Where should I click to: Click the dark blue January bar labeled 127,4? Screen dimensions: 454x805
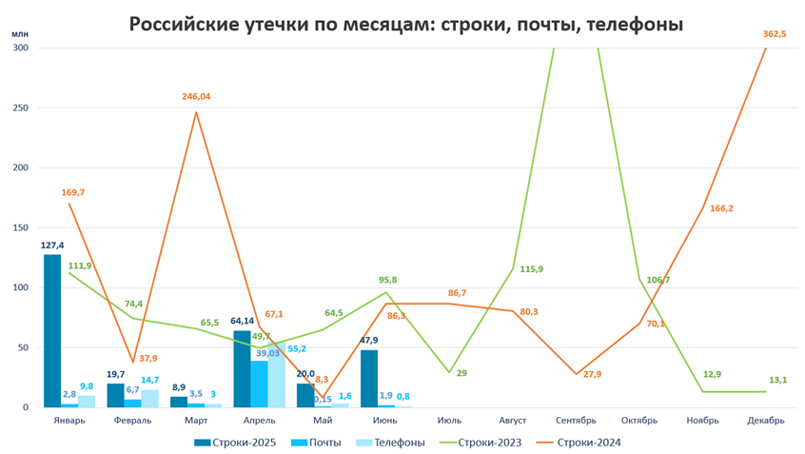click(x=52, y=331)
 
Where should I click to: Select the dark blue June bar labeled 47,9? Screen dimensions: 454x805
click(x=369, y=379)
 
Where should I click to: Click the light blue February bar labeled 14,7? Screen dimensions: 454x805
click(x=150, y=398)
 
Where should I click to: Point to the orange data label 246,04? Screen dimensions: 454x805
click(x=196, y=96)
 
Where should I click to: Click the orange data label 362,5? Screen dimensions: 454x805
click(x=776, y=34)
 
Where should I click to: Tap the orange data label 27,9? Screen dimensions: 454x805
click(x=592, y=374)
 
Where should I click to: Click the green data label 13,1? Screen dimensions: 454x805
click(x=777, y=380)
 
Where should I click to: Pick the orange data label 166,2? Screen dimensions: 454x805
click(x=721, y=208)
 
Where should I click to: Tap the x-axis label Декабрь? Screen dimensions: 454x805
click(x=766, y=420)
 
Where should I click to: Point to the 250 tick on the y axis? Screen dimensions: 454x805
click(x=20, y=108)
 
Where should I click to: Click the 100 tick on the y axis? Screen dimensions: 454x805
click(x=20, y=287)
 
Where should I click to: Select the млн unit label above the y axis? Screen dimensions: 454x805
click(x=19, y=33)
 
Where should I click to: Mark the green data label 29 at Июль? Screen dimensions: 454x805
click(x=461, y=374)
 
